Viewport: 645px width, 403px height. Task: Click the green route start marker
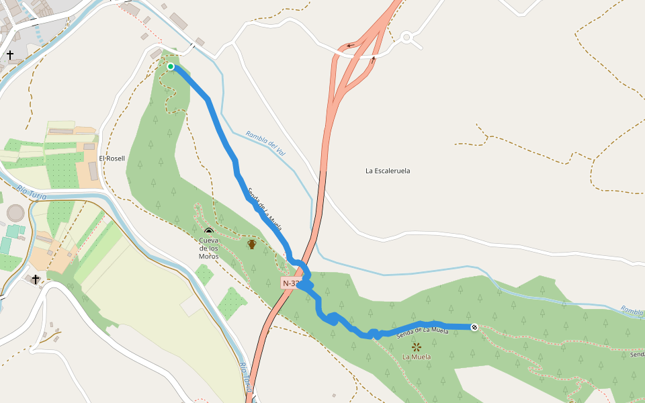(171, 66)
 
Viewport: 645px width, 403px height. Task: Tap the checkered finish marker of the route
(474, 327)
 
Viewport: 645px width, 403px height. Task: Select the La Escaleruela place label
(388, 171)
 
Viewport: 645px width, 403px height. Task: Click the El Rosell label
(112, 159)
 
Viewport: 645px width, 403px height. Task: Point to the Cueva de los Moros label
(208, 248)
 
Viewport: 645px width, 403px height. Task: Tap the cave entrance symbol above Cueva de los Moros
(208, 232)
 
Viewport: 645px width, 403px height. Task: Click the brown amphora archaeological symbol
(252, 244)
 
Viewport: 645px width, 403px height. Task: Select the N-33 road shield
(290, 283)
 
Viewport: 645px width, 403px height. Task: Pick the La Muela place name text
(417, 357)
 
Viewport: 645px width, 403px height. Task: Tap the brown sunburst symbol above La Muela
(417, 347)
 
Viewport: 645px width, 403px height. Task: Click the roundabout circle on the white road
(406, 38)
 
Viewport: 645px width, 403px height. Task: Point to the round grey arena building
(15, 214)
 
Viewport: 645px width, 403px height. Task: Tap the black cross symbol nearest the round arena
(36, 279)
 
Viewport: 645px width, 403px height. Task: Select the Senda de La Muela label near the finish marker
(423, 331)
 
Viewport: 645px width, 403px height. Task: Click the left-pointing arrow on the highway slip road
(350, 46)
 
